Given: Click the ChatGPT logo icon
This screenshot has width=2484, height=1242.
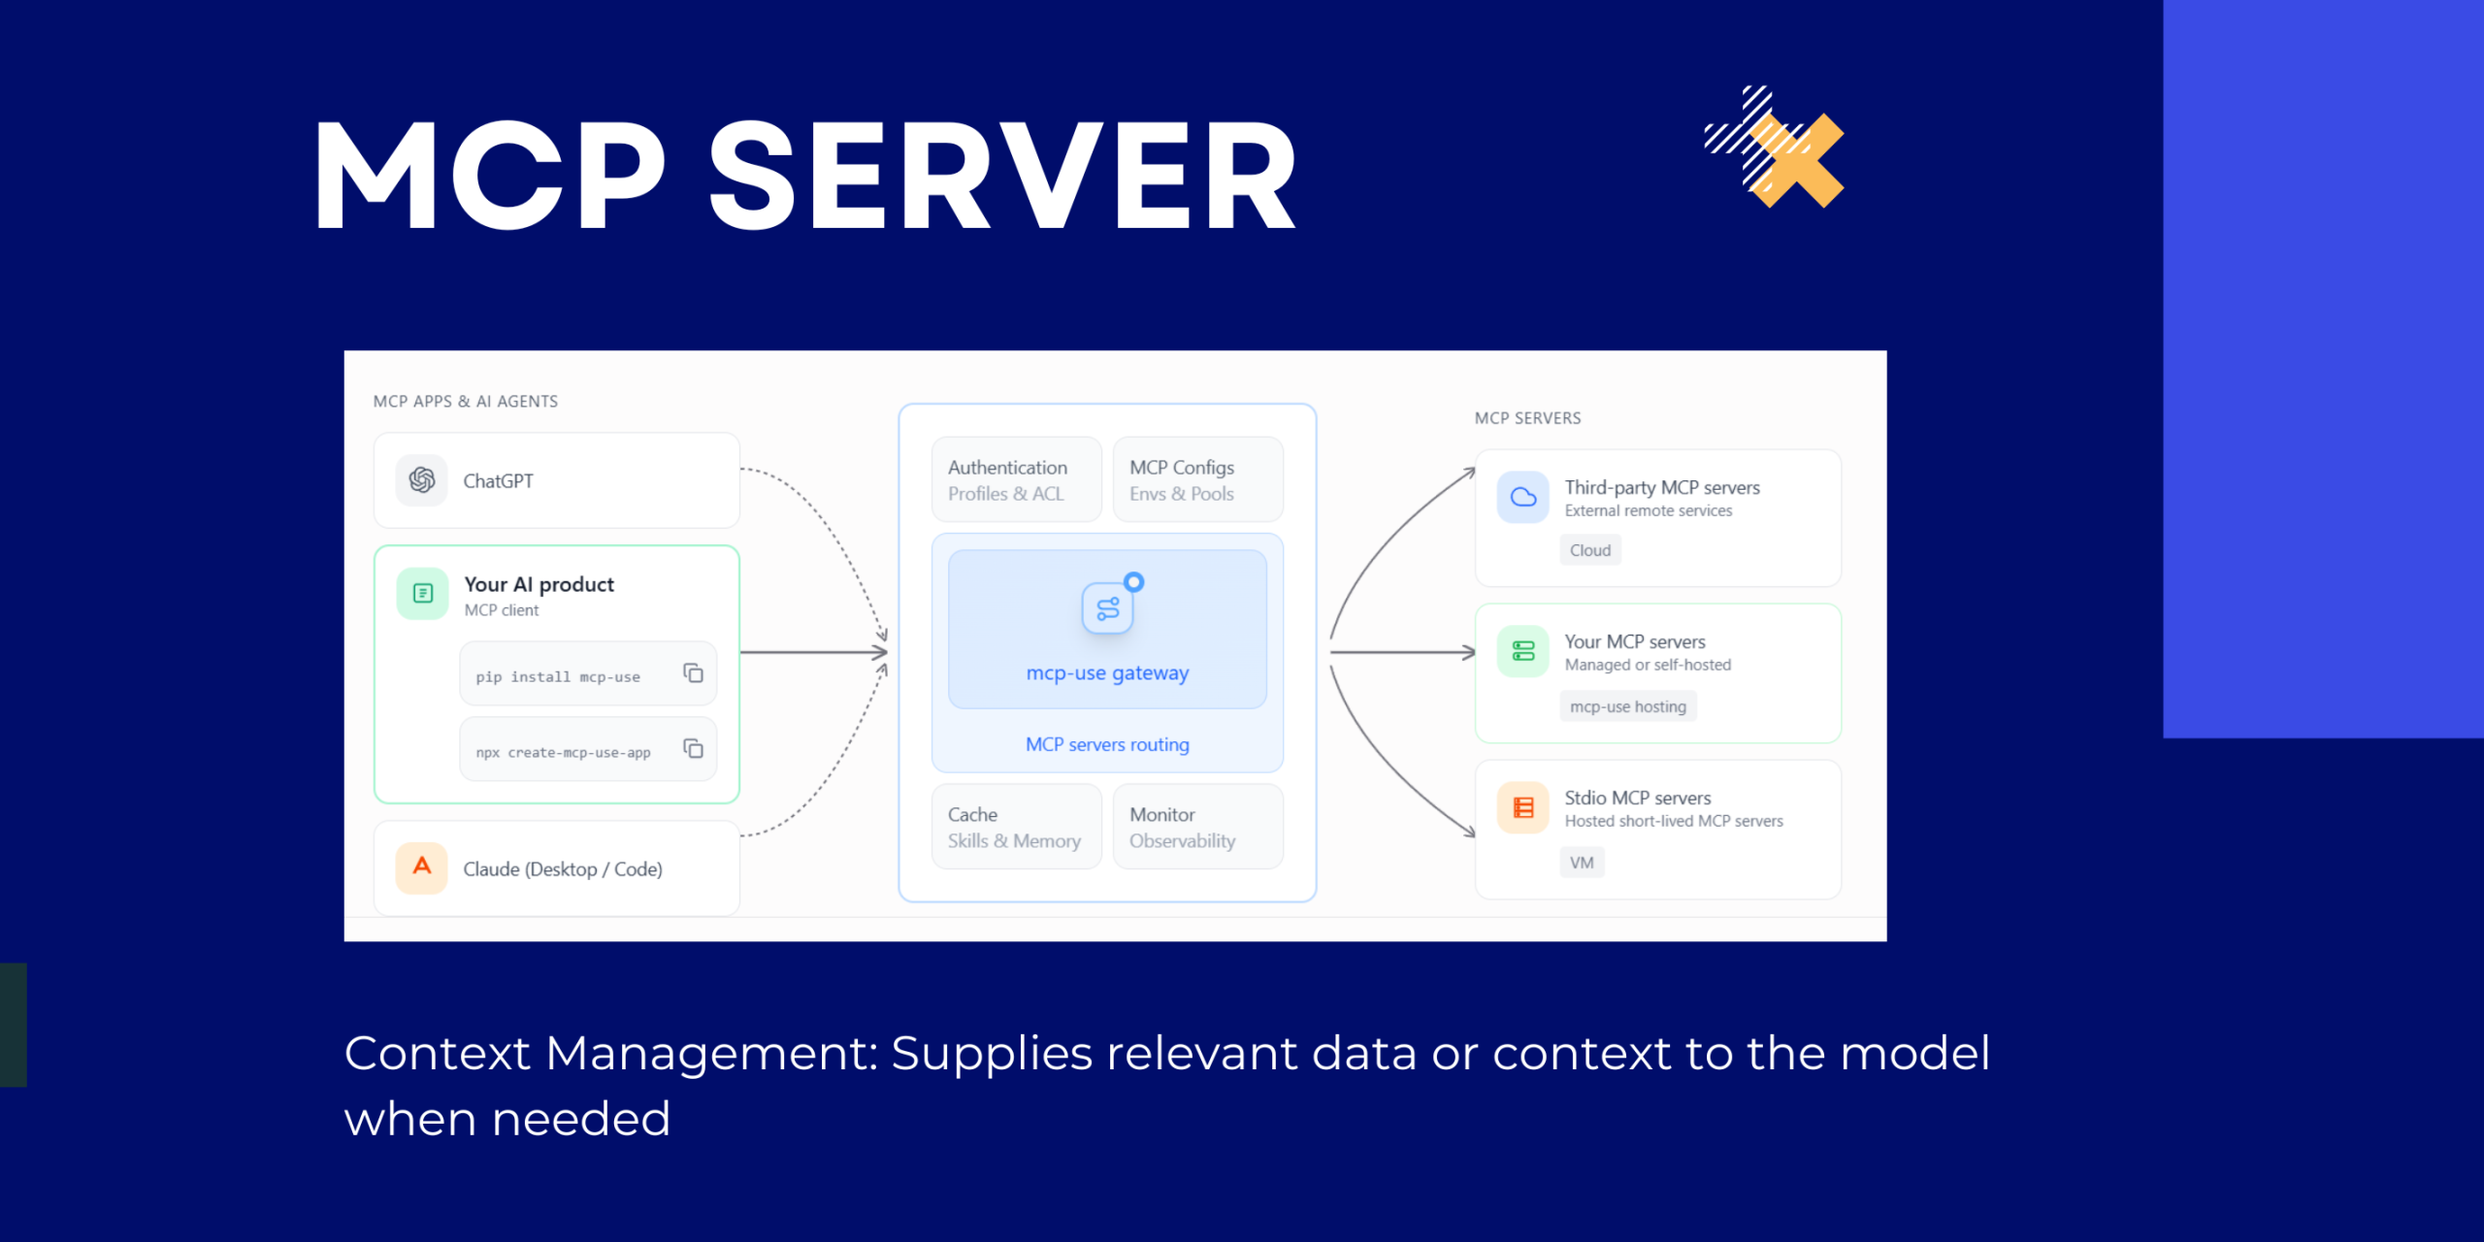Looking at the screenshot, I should [421, 480].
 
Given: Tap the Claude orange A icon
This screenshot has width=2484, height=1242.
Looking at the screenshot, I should [421, 866].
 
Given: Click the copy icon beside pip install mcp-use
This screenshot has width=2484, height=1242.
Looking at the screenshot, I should [693, 673].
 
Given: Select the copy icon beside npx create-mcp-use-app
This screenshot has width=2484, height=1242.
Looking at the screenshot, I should [693, 748].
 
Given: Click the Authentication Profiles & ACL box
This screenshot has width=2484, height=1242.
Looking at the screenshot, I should [1016, 480].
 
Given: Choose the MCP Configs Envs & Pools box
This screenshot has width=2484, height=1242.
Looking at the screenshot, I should [1197, 480].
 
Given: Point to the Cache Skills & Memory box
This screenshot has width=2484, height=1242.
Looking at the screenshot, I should [1016, 827].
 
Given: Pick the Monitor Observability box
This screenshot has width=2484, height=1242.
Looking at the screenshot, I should [1197, 827].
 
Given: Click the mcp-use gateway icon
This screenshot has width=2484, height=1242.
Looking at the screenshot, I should [1108, 608].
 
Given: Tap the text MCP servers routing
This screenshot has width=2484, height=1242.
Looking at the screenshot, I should [1107, 744].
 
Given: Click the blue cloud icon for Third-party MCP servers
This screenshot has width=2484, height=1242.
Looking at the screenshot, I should [1523, 498].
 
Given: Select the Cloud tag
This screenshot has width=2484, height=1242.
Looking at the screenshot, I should [1590, 550].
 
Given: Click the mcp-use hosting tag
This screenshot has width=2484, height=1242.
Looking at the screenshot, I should [1628, 706].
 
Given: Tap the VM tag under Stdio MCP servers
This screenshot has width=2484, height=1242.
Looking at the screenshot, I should [1582, 863].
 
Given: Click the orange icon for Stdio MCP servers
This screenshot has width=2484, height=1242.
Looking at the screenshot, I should [1523, 807].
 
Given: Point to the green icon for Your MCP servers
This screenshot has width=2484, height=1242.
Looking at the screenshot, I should [1523, 651].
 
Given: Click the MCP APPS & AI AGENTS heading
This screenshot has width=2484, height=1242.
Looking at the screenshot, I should [466, 402].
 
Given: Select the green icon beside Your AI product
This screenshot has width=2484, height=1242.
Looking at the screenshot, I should [423, 594].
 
